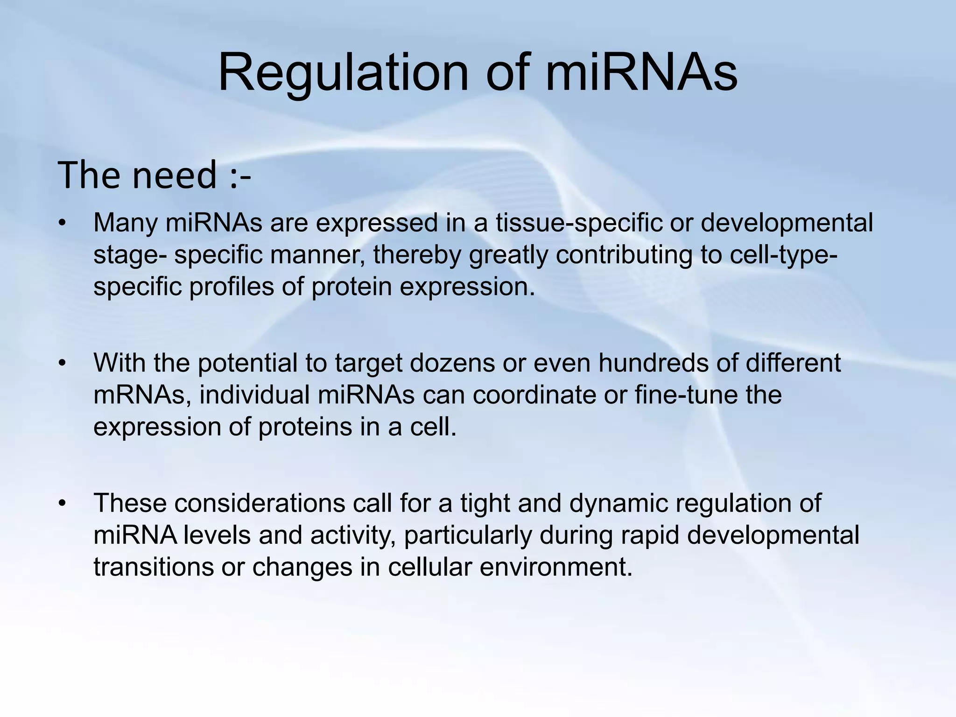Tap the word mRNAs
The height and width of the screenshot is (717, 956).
click(x=142, y=395)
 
